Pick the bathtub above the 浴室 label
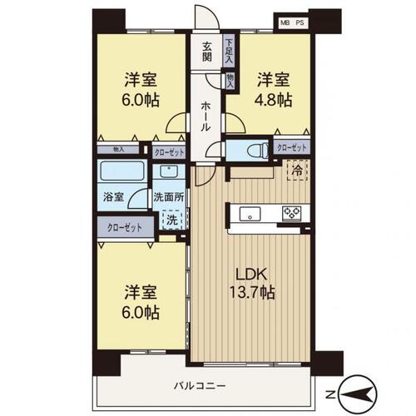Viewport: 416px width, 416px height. point(121,173)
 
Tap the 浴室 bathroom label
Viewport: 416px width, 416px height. point(114,198)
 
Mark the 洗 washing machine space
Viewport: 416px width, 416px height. point(171,220)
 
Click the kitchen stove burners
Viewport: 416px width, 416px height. point(293,213)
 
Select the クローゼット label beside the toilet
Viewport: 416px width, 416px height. point(291,147)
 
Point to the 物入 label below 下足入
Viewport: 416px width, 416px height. point(230,81)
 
